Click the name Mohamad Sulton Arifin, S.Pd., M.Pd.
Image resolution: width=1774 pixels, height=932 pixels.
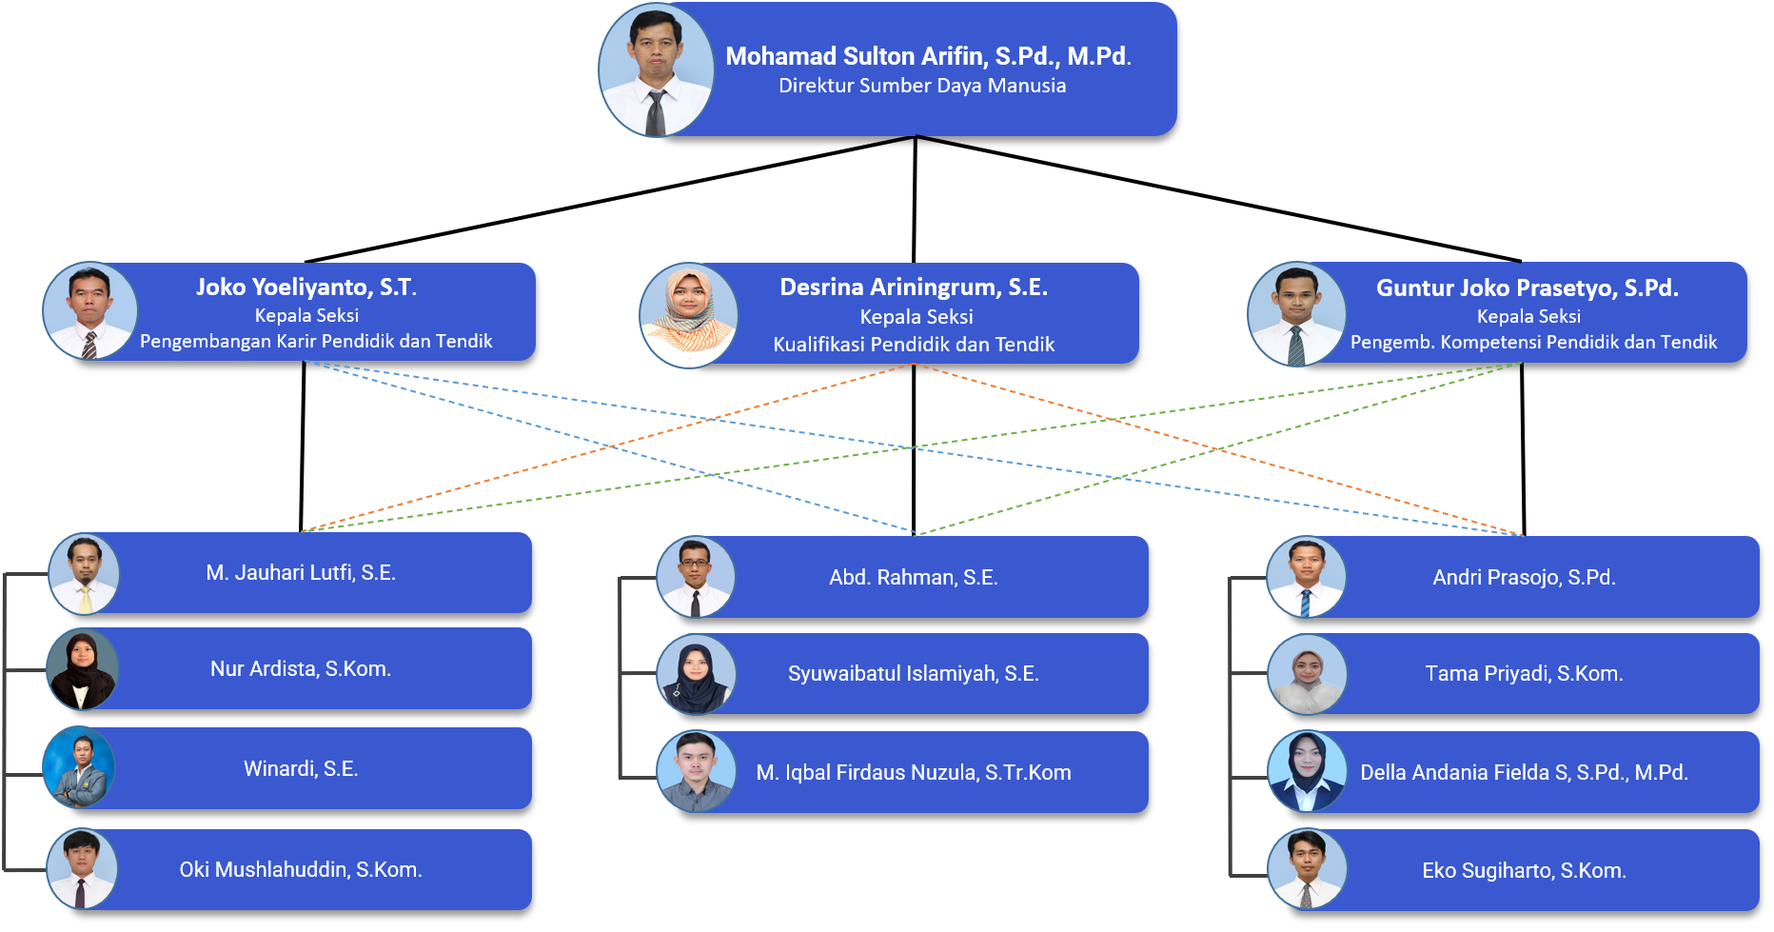tap(928, 56)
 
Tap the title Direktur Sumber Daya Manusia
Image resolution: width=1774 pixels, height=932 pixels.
tap(921, 86)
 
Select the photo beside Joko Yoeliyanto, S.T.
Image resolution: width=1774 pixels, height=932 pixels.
tap(89, 310)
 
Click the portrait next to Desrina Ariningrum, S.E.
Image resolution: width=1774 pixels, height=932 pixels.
tap(688, 315)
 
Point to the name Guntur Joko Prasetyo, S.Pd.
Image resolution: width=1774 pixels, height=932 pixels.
tap(1527, 288)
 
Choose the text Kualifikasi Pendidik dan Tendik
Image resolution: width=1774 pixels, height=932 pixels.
tap(914, 344)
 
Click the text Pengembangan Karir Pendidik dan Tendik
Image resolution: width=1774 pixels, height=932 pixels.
tap(316, 341)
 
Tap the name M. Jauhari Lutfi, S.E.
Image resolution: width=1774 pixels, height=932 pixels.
tap(301, 572)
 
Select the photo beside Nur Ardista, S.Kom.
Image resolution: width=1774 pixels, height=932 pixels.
tap(83, 669)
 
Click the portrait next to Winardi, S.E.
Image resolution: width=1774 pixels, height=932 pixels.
tap(80, 767)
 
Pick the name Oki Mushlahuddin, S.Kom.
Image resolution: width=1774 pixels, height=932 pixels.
tap(301, 869)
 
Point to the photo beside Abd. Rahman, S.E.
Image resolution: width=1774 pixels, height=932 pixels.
tap(696, 577)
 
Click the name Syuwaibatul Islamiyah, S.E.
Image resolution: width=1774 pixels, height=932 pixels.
tap(913, 673)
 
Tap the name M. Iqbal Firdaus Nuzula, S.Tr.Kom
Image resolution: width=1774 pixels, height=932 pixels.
tap(913, 772)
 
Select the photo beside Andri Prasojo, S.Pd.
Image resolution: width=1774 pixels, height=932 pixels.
tap(1307, 577)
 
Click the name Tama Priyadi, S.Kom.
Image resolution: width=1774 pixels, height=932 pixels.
tap(1524, 673)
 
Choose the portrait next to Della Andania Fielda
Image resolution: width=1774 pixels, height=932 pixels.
tap(1307, 771)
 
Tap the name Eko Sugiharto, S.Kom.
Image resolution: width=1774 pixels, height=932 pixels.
tap(1524, 870)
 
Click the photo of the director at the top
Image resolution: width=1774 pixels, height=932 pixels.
tap(656, 70)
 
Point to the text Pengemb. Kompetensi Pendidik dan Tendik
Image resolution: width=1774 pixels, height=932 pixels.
tap(1533, 342)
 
